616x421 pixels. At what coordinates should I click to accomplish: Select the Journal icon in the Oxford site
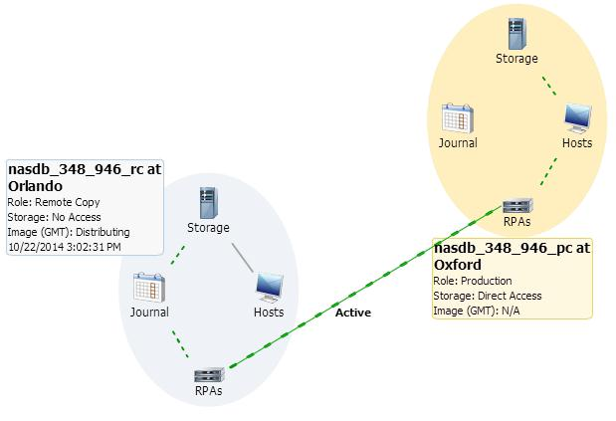tap(457, 118)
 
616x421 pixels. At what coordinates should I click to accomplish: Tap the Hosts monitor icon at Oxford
tap(576, 117)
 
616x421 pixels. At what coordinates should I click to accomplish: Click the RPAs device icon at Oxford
tap(516, 206)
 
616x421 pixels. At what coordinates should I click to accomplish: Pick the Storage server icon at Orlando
tap(208, 202)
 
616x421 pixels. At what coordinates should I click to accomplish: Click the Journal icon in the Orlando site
tap(148, 288)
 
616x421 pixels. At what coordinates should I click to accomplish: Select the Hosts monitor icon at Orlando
tap(268, 288)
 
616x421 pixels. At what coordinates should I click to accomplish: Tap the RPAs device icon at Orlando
tap(208, 375)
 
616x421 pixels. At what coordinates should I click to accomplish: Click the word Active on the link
tap(352, 313)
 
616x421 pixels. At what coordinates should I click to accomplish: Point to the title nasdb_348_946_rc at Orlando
tap(84, 177)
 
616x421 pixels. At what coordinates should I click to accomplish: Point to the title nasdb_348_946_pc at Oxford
tap(512, 257)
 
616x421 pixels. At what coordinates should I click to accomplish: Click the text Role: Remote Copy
tap(54, 202)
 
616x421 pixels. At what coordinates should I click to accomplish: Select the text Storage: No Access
tap(57, 217)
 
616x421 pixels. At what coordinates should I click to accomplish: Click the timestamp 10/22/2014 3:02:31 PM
tap(64, 246)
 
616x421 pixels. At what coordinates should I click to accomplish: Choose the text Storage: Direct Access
tap(488, 296)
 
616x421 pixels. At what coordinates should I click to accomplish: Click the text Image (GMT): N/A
tap(477, 311)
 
